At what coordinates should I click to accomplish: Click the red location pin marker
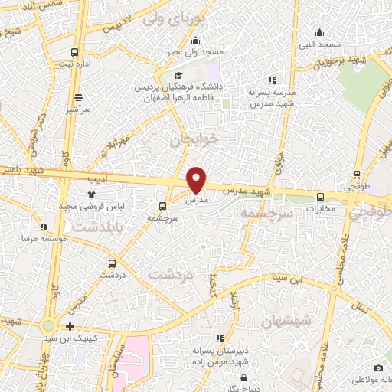coord(197,179)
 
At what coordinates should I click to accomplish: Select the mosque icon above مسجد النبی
coord(320,32)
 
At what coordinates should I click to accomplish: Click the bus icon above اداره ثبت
coord(74,52)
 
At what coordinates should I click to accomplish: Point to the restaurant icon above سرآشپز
coord(78,98)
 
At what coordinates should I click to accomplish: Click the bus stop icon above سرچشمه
coord(162,206)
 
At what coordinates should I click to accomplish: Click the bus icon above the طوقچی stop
coord(358,175)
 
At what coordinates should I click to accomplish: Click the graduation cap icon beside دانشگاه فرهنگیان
coord(178,76)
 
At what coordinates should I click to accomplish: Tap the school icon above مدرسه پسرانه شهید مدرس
coord(270,80)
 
